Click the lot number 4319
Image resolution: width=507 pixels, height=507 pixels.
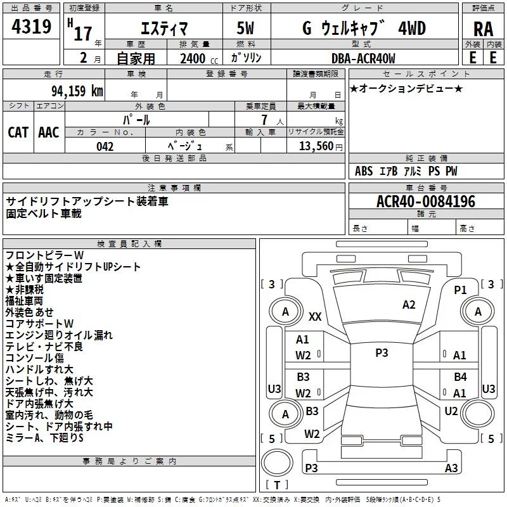click(32, 27)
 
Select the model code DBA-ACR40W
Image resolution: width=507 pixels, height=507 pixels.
click(363, 58)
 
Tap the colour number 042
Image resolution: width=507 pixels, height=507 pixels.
click(105, 146)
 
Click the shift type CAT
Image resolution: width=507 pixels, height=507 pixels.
click(18, 132)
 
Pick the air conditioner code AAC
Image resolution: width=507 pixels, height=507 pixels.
click(48, 132)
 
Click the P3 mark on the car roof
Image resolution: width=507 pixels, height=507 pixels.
click(382, 353)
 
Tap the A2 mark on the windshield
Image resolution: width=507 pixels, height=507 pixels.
click(409, 305)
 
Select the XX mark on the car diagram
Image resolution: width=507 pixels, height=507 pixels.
click(315, 316)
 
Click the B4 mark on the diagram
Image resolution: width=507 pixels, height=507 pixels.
click(460, 377)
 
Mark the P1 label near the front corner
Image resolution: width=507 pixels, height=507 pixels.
click(460, 290)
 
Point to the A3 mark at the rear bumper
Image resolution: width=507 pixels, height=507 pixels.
click(451, 468)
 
